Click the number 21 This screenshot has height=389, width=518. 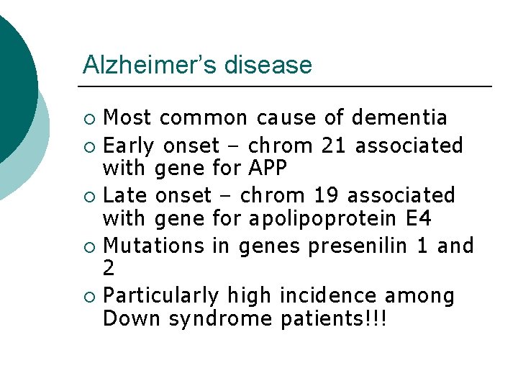[x=335, y=146]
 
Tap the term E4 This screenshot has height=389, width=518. [x=417, y=218]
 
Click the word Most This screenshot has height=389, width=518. [x=127, y=117]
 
